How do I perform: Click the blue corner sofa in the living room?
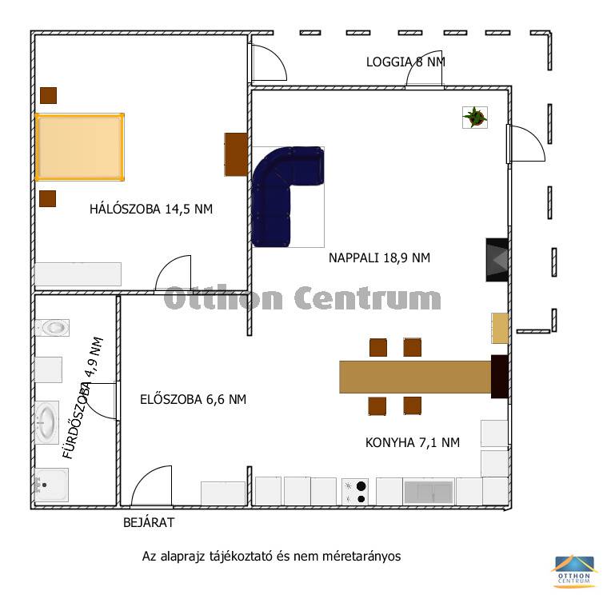point(271,182)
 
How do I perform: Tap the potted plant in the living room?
point(475,118)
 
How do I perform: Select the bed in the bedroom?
point(80,147)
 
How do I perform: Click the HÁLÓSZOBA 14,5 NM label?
point(151,209)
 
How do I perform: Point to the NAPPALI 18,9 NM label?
point(379,258)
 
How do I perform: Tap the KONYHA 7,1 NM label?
point(413,442)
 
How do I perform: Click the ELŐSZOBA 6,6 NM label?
point(194,399)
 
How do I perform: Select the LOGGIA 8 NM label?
point(405,62)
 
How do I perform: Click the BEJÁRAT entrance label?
point(149,522)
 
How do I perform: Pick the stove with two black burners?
point(355,492)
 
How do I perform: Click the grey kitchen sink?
point(428,492)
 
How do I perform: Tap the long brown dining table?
point(415,377)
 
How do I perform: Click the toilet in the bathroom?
point(52,328)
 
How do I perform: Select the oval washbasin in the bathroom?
point(47,422)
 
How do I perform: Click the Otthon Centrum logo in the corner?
point(573,570)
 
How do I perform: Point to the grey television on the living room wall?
point(497,260)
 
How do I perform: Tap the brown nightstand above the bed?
point(49,96)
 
